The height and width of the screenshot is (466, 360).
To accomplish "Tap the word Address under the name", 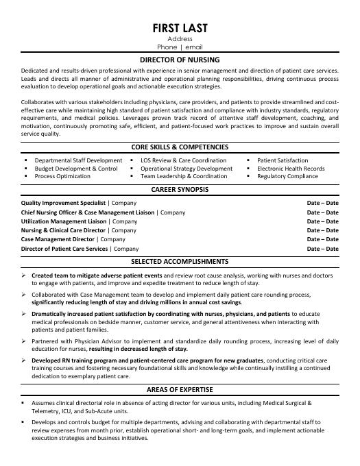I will pyautogui.click(x=180, y=39).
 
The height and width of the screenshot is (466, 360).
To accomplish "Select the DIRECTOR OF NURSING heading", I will pyautogui.click(x=180, y=60).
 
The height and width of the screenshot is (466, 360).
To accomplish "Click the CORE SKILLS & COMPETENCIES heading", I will pyautogui.click(x=180, y=147).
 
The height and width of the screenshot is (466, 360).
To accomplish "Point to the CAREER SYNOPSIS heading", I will pyautogui.click(x=180, y=189).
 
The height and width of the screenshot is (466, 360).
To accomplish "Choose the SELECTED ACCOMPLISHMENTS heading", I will pyautogui.click(x=180, y=262).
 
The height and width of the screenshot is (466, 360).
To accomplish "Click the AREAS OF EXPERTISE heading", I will pyautogui.click(x=180, y=389).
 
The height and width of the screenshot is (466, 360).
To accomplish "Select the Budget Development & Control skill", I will pyautogui.click(x=76, y=169).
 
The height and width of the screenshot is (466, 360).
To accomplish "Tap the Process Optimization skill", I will pyautogui.click(x=62, y=176).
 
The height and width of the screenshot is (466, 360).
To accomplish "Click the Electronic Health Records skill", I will pyautogui.click(x=291, y=169).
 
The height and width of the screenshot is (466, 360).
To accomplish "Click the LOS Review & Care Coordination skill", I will pyautogui.click(x=183, y=160).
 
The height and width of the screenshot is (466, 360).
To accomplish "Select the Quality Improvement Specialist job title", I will pyautogui.click(x=64, y=204).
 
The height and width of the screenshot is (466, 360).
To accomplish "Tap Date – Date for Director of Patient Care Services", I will pyautogui.click(x=322, y=249).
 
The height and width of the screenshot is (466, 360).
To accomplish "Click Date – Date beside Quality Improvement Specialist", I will pyautogui.click(x=322, y=204).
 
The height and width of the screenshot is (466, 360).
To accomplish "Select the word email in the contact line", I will pyautogui.click(x=197, y=47).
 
